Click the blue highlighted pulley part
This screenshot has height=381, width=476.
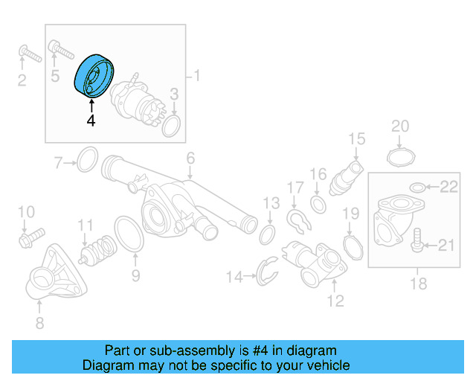point(93,75)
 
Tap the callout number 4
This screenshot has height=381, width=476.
point(91,121)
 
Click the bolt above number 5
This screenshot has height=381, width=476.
point(60,50)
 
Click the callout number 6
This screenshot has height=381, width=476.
point(190,158)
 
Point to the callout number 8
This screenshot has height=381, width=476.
point(39,322)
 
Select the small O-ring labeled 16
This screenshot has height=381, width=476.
point(318,203)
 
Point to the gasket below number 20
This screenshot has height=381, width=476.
point(400,157)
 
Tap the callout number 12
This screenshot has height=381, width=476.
point(335,301)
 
